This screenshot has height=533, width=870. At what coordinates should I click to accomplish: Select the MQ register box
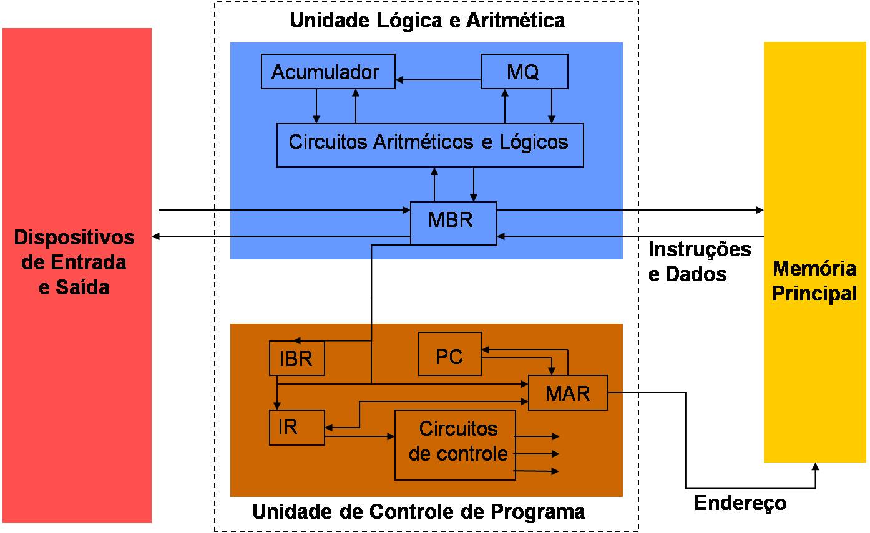tap(524, 72)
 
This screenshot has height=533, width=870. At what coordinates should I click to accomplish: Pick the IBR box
tap(296, 358)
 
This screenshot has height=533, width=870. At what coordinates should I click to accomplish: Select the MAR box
tap(567, 393)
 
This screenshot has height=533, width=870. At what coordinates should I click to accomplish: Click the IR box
tap(296, 428)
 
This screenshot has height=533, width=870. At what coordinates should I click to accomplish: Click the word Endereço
tap(740, 503)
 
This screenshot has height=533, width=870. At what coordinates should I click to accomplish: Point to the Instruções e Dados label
tap(699, 262)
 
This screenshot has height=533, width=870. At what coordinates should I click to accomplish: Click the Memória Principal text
tap(814, 281)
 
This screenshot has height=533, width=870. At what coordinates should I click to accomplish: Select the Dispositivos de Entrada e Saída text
tap(74, 262)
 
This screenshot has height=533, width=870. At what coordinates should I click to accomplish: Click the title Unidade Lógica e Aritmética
tap(427, 21)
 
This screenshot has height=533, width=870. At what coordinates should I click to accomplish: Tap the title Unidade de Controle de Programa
tap(418, 512)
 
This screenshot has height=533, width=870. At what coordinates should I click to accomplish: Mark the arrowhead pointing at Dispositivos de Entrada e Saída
tap(157, 236)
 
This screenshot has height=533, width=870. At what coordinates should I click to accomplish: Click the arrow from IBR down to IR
tap(278, 393)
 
